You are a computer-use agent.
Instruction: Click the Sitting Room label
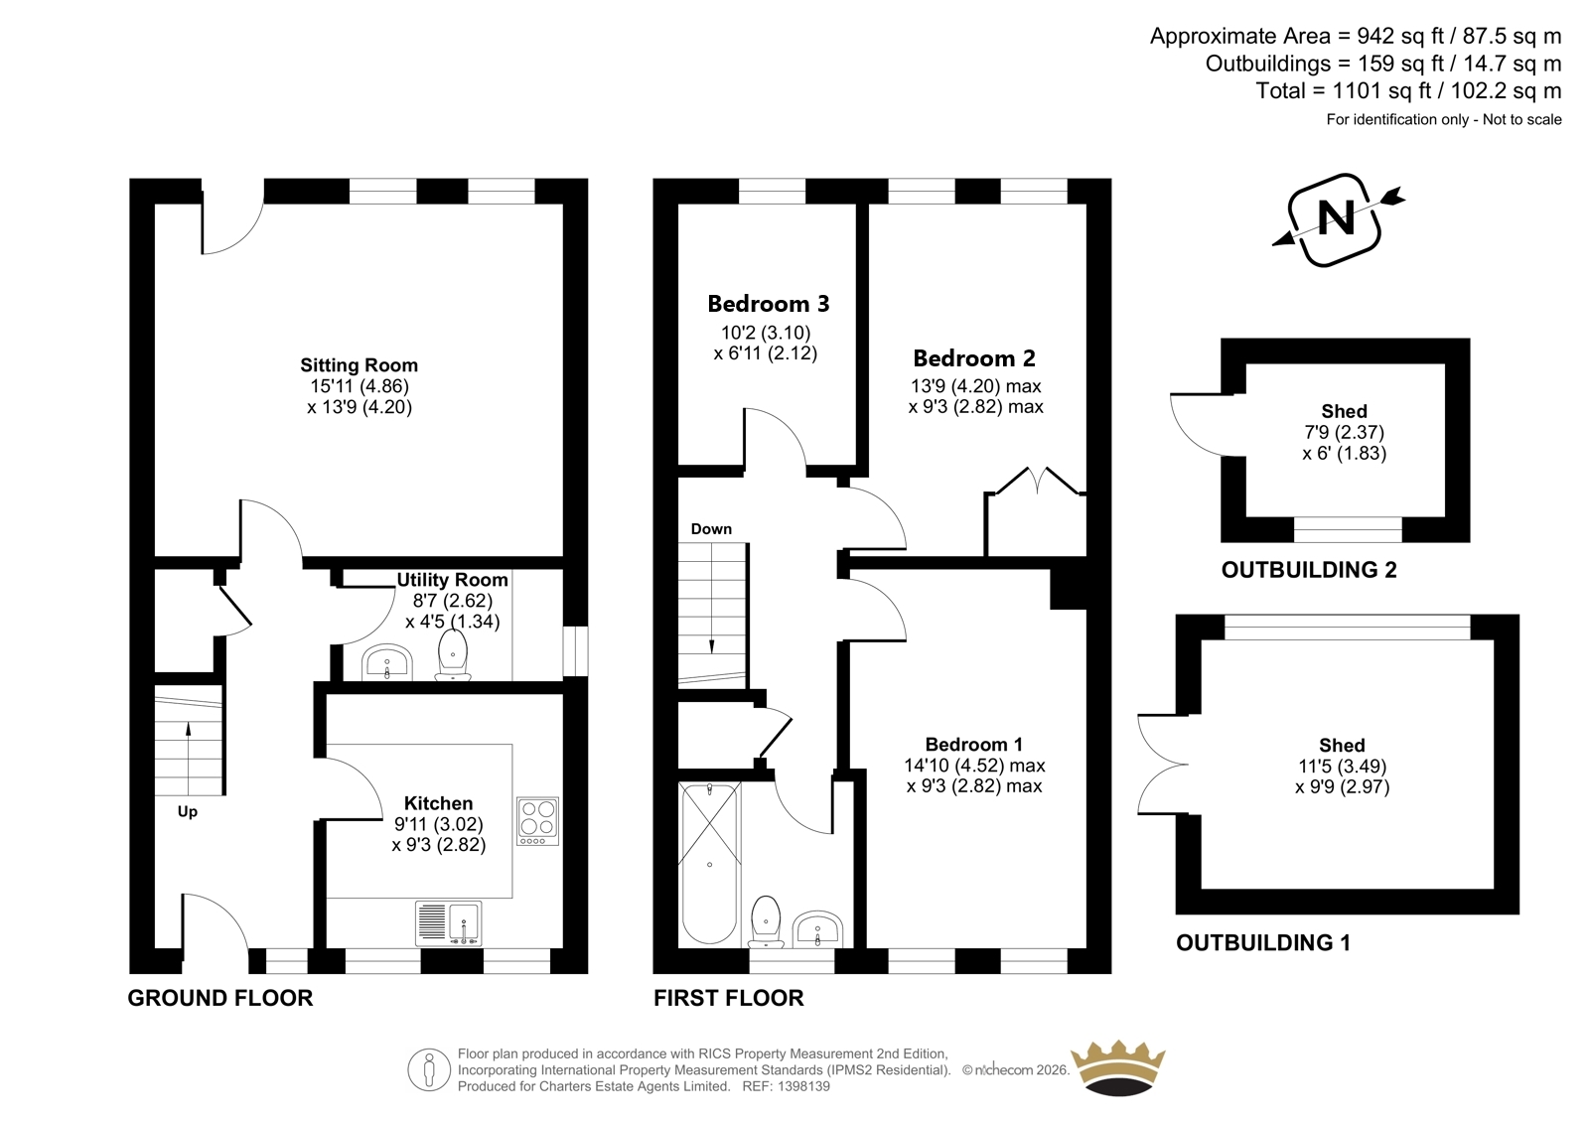[359, 365]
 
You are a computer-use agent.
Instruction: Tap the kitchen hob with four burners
[537, 821]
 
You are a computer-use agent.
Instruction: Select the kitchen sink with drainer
[448, 923]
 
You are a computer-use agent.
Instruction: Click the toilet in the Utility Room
[453, 655]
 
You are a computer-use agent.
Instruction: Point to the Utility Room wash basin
[386, 662]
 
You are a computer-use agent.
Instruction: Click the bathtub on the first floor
[709, 864]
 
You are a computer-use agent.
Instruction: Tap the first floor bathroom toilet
[766, 922]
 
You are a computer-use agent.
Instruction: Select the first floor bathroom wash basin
[818, 929]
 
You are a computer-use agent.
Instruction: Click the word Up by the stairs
[188, 811]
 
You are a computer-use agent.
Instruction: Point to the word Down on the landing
[711, 528]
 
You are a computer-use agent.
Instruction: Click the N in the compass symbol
[1336, 218]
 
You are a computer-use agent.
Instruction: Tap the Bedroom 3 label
[769, 304]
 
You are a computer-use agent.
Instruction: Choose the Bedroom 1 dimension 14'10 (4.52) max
[974, 766]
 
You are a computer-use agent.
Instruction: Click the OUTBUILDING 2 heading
[1309, 570]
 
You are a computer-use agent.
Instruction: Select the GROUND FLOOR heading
[219, 998]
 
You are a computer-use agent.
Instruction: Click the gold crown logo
[1118, 1067]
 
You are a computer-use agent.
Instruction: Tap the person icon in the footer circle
[428, 1069]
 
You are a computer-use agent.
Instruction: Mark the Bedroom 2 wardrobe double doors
[1037, 481]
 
